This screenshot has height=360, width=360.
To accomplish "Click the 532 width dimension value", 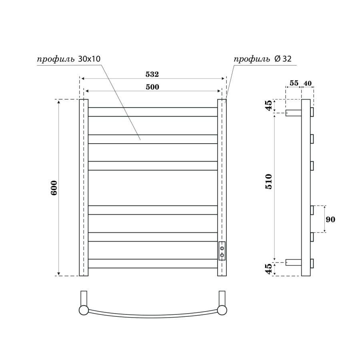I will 152,74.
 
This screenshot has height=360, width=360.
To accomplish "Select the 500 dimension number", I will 152,87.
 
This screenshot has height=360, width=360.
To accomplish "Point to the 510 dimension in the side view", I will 269,182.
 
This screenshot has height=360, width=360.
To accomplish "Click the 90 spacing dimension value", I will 330,219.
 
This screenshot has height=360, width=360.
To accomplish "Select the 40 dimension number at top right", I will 308,83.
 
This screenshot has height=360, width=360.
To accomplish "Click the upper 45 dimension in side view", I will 269,106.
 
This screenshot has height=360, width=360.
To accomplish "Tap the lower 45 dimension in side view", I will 269,268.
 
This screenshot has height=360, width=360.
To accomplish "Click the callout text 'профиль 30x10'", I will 68,59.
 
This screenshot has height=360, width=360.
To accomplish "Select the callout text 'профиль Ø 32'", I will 263,59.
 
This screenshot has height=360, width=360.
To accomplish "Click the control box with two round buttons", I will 222,251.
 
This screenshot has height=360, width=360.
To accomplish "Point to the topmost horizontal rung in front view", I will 152,112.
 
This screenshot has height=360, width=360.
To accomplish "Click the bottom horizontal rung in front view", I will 152,264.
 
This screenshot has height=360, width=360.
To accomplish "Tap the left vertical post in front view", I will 83,188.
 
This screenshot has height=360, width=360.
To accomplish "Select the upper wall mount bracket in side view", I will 293,112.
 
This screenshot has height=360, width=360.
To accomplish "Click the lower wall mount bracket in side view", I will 293,263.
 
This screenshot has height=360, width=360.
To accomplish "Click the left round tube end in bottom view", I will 84,310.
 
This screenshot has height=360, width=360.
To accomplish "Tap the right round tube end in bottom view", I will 221,310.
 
